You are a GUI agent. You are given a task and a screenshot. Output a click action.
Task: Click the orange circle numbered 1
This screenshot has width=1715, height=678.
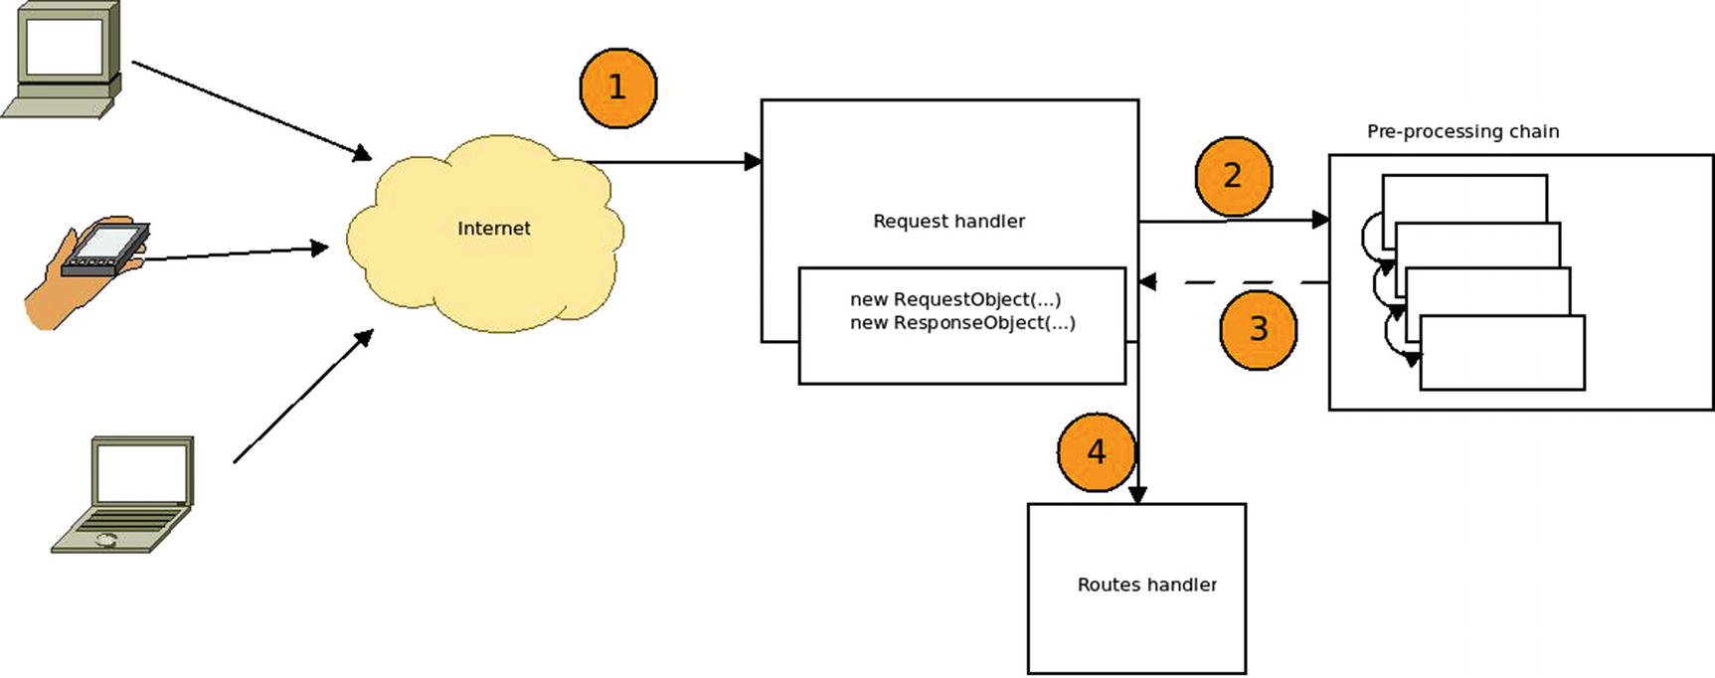[x=617, y=87]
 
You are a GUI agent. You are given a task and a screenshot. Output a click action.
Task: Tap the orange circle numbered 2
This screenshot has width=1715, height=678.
[x=1233, y=176]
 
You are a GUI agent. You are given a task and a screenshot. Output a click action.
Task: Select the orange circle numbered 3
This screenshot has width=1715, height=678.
[x=1258, y=329]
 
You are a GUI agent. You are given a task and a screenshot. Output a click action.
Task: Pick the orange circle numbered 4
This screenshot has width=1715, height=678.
[x=1096, y=452]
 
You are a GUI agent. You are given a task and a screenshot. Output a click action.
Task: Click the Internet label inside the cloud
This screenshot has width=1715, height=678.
[x=493, y=229]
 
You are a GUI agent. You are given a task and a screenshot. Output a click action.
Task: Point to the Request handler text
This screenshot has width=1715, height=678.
[x=948, y=222]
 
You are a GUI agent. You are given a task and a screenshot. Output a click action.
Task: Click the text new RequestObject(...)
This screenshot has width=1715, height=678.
[x=954, y=299]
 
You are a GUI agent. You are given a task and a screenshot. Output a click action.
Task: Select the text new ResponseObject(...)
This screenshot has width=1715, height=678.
[x=961, y=323]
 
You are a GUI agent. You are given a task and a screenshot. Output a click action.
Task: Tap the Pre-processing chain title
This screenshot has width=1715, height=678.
[x=1462, y=131]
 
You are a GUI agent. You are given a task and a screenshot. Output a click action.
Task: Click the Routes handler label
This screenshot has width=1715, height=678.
[x=1146, y=585]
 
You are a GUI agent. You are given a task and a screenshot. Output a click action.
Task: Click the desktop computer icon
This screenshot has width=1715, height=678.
[x=64, y=60]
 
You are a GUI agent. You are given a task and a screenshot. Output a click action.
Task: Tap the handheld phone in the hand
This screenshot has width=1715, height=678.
[x=104, y=249]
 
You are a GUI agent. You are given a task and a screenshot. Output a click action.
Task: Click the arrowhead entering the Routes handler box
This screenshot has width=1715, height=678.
[x=1137, y=494]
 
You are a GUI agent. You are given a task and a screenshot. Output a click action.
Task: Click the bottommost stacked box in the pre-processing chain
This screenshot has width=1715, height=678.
[x=1501, y=353]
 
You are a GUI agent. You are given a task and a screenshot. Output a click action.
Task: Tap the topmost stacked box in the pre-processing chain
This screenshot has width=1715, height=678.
[x=1463, y=197]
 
